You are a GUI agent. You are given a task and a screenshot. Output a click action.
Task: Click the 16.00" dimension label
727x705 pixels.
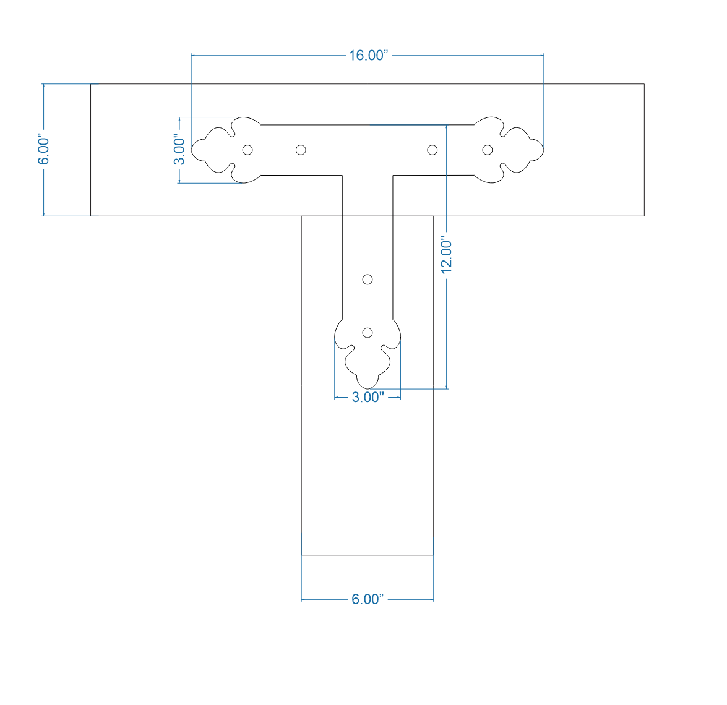(x=368, y=55)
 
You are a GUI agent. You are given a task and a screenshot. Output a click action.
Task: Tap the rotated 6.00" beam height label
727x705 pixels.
(x=44, y=150)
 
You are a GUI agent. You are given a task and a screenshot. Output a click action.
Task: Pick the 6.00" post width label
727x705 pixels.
(x=368, y=599)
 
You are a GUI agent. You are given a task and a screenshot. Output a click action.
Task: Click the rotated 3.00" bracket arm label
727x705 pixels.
(x=179, y=150)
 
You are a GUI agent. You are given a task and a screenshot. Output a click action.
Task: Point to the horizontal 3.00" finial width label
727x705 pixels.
(x=368, y=397)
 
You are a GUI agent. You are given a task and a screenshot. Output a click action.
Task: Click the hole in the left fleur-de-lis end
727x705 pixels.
(x=247, y=150)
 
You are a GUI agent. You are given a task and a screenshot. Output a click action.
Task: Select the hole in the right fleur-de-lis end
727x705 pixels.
(x=488, y=150)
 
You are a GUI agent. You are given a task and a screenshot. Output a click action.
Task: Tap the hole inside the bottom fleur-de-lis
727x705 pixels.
(x=368, y=333)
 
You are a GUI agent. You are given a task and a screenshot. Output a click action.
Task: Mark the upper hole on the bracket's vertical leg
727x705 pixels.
(x=368, y=280)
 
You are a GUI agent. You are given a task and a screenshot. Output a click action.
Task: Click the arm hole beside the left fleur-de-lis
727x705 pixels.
(x=301, y=150)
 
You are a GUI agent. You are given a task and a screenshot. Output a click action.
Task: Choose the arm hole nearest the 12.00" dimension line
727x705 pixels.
(x=432, y=150)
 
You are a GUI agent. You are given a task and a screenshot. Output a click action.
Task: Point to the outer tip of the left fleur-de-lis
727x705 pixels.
(x=192, y=150)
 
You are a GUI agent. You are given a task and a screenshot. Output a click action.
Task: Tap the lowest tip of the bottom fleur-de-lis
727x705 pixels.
(x=368, y=388)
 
